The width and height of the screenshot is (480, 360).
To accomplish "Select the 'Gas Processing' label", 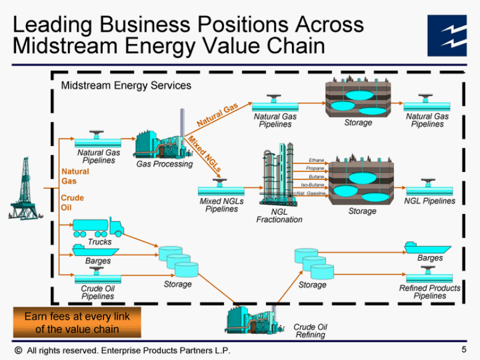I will (x=165, y=164).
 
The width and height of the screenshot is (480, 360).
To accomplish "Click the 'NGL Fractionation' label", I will (x=279, y=215).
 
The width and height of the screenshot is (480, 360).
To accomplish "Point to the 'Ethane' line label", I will (x=316, y=160).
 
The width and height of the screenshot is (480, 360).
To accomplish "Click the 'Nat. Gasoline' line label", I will (x=311, y=194).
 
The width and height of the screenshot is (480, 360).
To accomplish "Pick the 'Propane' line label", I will (x=315, y=168).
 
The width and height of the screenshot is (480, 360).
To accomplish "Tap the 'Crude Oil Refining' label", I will (x=310, y=331).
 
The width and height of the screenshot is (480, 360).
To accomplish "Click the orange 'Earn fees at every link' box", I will (x=77, y=322).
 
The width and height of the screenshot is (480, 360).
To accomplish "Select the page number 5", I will (x=464, y=349).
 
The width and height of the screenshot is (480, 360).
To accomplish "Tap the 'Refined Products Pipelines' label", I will (x=429, y=292).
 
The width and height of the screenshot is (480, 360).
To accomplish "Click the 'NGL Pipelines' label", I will (x=429, y=201).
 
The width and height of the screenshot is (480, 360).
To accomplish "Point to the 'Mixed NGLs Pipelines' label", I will (x=221, y=205).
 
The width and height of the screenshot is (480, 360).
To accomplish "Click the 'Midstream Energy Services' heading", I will (x=126, y=85).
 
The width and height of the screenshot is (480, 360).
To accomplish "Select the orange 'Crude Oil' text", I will (x=72, y=202).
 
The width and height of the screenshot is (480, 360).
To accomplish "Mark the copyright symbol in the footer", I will (x=18, y=350).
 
